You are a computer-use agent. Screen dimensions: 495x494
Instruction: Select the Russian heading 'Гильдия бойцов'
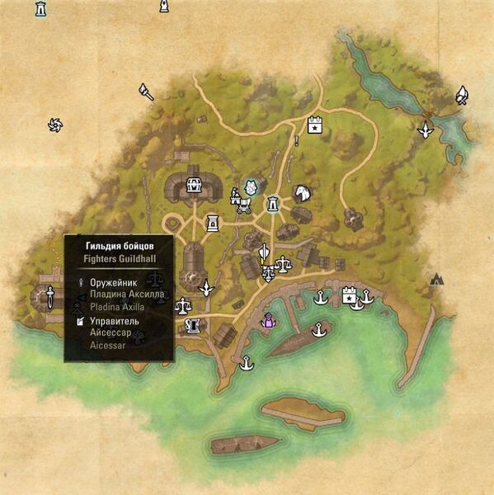pyautogui.click(x=118, y=245)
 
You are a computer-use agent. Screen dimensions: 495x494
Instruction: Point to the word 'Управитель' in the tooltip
pyautogui.click(x=115, y=321)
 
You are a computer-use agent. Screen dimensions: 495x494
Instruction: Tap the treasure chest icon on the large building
pyautogui.click(x=195, y=184)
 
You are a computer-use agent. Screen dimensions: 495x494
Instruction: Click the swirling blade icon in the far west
pyautogui.click(x=56, y=125)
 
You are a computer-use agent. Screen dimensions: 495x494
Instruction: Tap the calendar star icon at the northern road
pyautogui.click(x=314, y=125)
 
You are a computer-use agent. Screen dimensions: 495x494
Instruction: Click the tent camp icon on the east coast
pyautogui.click(x=438, y=280)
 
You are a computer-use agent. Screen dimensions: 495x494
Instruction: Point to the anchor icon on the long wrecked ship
pyautogui.click(x=318, y=331)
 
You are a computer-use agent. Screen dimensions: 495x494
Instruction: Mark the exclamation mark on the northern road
pyautogui.click(x=296, y=141)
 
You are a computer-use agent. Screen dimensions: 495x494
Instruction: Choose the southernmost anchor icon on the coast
pyautogui.click(x=245, y=361)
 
